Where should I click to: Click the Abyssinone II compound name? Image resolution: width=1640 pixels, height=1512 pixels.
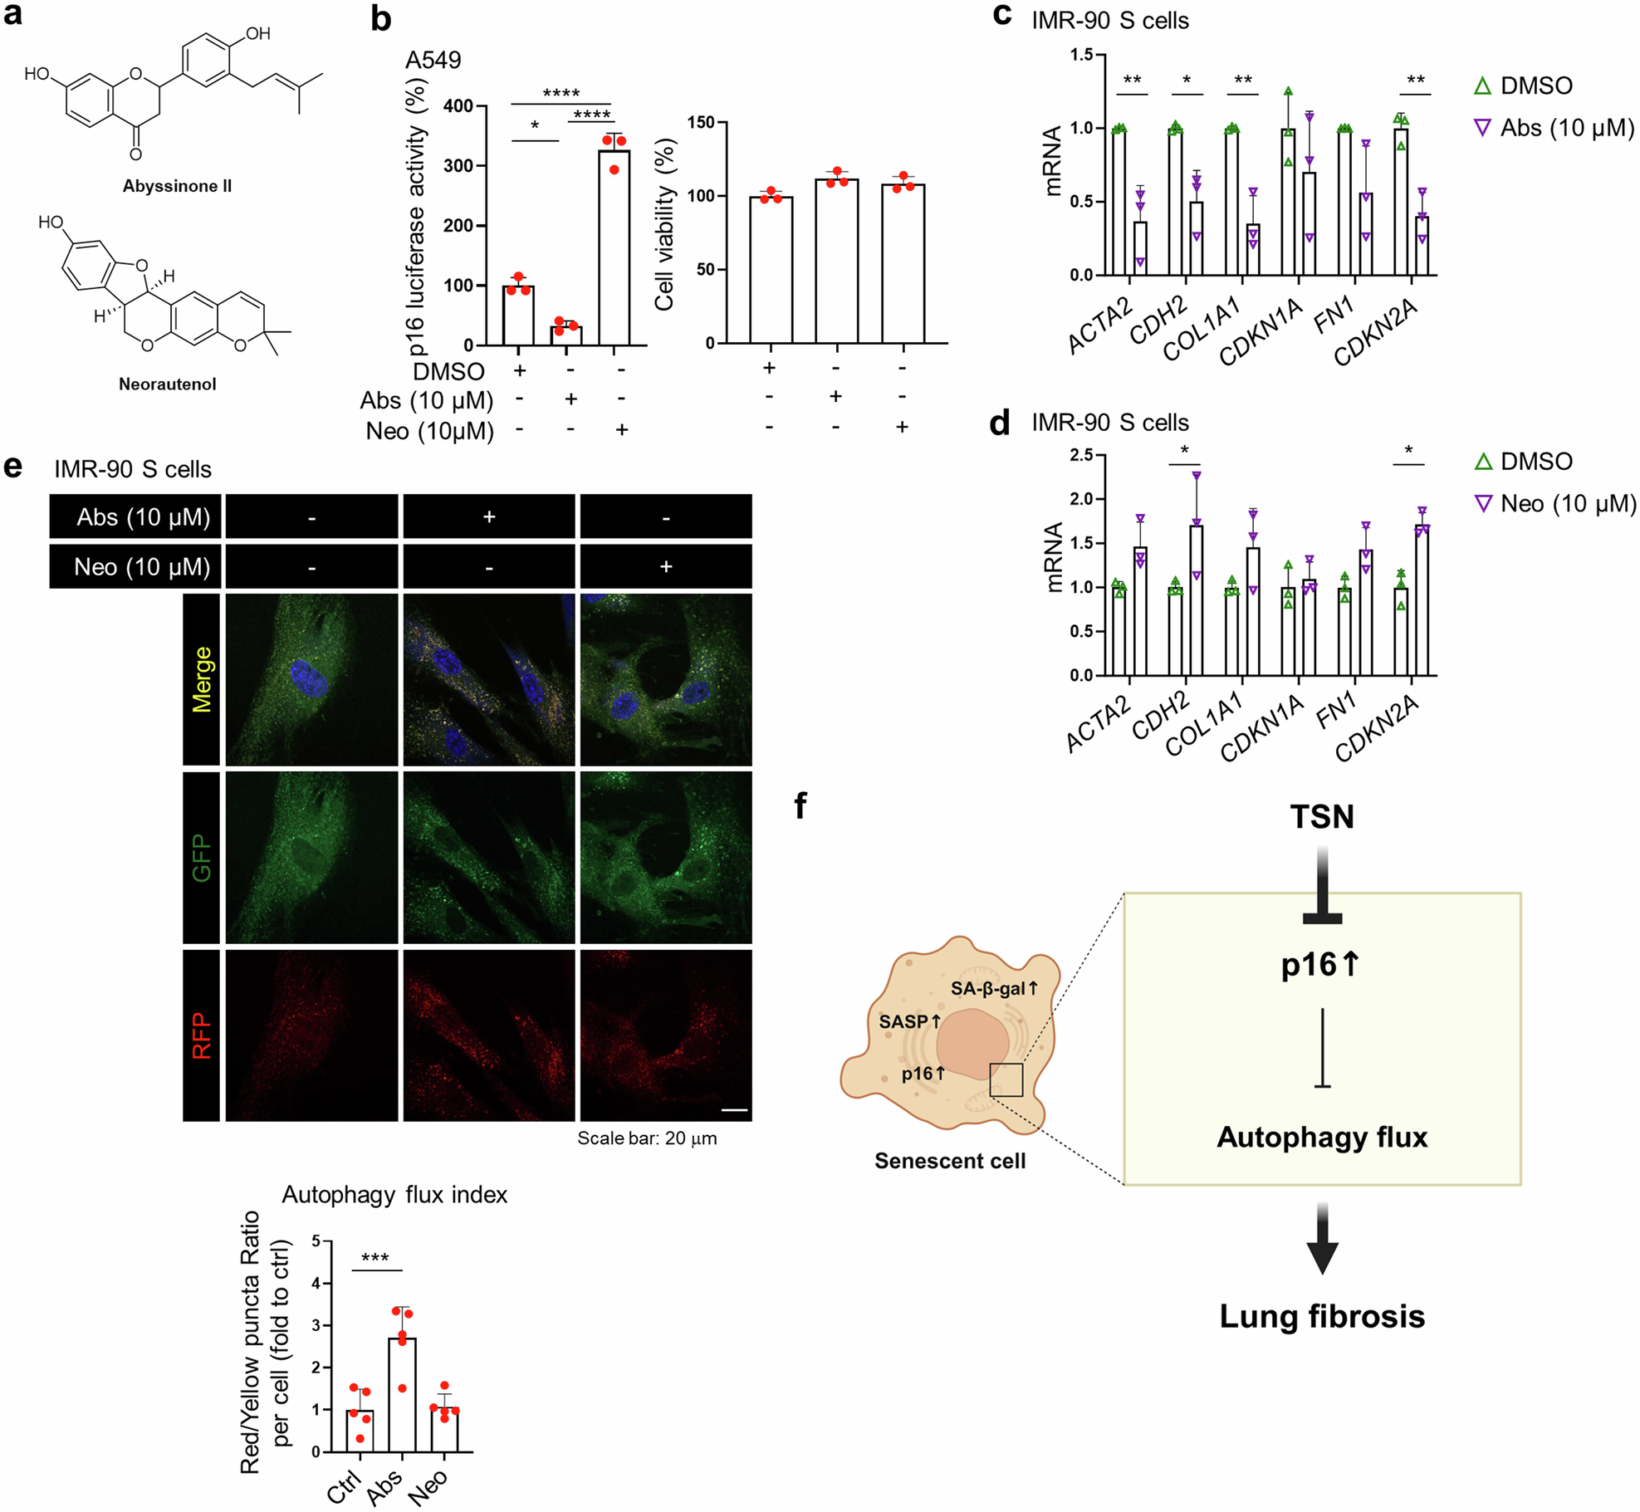177,186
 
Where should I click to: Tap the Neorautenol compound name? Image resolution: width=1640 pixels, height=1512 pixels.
167,384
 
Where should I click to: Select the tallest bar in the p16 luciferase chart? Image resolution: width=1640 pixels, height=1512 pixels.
614,247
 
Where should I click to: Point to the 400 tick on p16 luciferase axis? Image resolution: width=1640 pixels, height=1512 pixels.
458,105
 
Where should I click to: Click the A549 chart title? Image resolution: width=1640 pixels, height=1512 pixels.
433,60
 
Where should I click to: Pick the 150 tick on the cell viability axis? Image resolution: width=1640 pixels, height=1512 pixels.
702,123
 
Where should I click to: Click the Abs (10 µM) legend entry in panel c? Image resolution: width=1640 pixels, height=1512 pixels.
1554,128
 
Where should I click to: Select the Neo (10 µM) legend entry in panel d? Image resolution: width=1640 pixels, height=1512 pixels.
1554,503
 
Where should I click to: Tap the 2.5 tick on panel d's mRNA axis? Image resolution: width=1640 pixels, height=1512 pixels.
1081,455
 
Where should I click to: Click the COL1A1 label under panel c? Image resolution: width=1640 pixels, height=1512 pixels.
1202,329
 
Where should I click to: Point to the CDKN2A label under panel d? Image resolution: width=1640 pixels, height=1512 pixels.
1376,727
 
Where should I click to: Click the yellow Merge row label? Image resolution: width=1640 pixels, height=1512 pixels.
202,679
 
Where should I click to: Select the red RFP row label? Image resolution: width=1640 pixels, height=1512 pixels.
202,1035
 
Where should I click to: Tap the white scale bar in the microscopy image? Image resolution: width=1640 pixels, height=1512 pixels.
735,1109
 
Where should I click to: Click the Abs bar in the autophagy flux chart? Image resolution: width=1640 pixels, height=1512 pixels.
403,1394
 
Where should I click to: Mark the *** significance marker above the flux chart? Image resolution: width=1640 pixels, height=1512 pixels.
375,1258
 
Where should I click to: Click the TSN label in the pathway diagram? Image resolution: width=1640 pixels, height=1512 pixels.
1322,817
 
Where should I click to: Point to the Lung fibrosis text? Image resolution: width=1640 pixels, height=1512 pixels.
1322,1316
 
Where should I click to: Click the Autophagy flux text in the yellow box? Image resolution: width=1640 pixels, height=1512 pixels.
1322,1137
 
